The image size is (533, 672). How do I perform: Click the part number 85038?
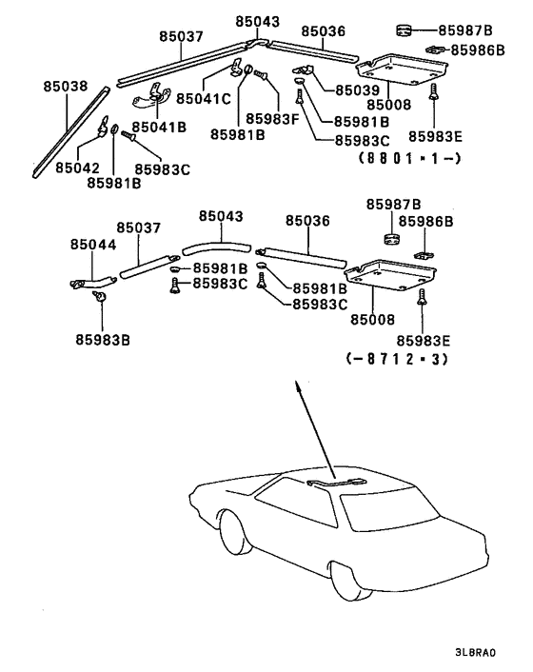[x=65, y=86]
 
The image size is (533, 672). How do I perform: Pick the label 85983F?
[x=273, y=118]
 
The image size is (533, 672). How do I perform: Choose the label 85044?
[x=92, y=245]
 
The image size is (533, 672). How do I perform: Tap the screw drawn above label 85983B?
[x=98, y=299]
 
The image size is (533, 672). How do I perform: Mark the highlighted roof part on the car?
[x=338, y=484]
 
